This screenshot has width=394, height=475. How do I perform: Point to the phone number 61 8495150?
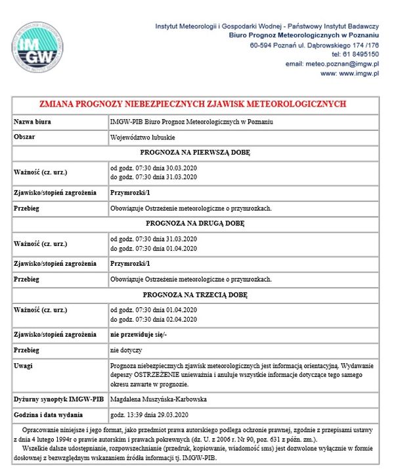(360, 54)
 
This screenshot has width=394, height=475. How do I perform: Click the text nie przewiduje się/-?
(139, 335)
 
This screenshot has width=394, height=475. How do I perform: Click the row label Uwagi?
(24, 366)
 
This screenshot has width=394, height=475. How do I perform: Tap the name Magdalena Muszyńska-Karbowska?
(158, 399)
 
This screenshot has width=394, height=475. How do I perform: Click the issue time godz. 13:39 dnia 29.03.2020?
(150, 416)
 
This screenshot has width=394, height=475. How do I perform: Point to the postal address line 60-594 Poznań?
(315, 45)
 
